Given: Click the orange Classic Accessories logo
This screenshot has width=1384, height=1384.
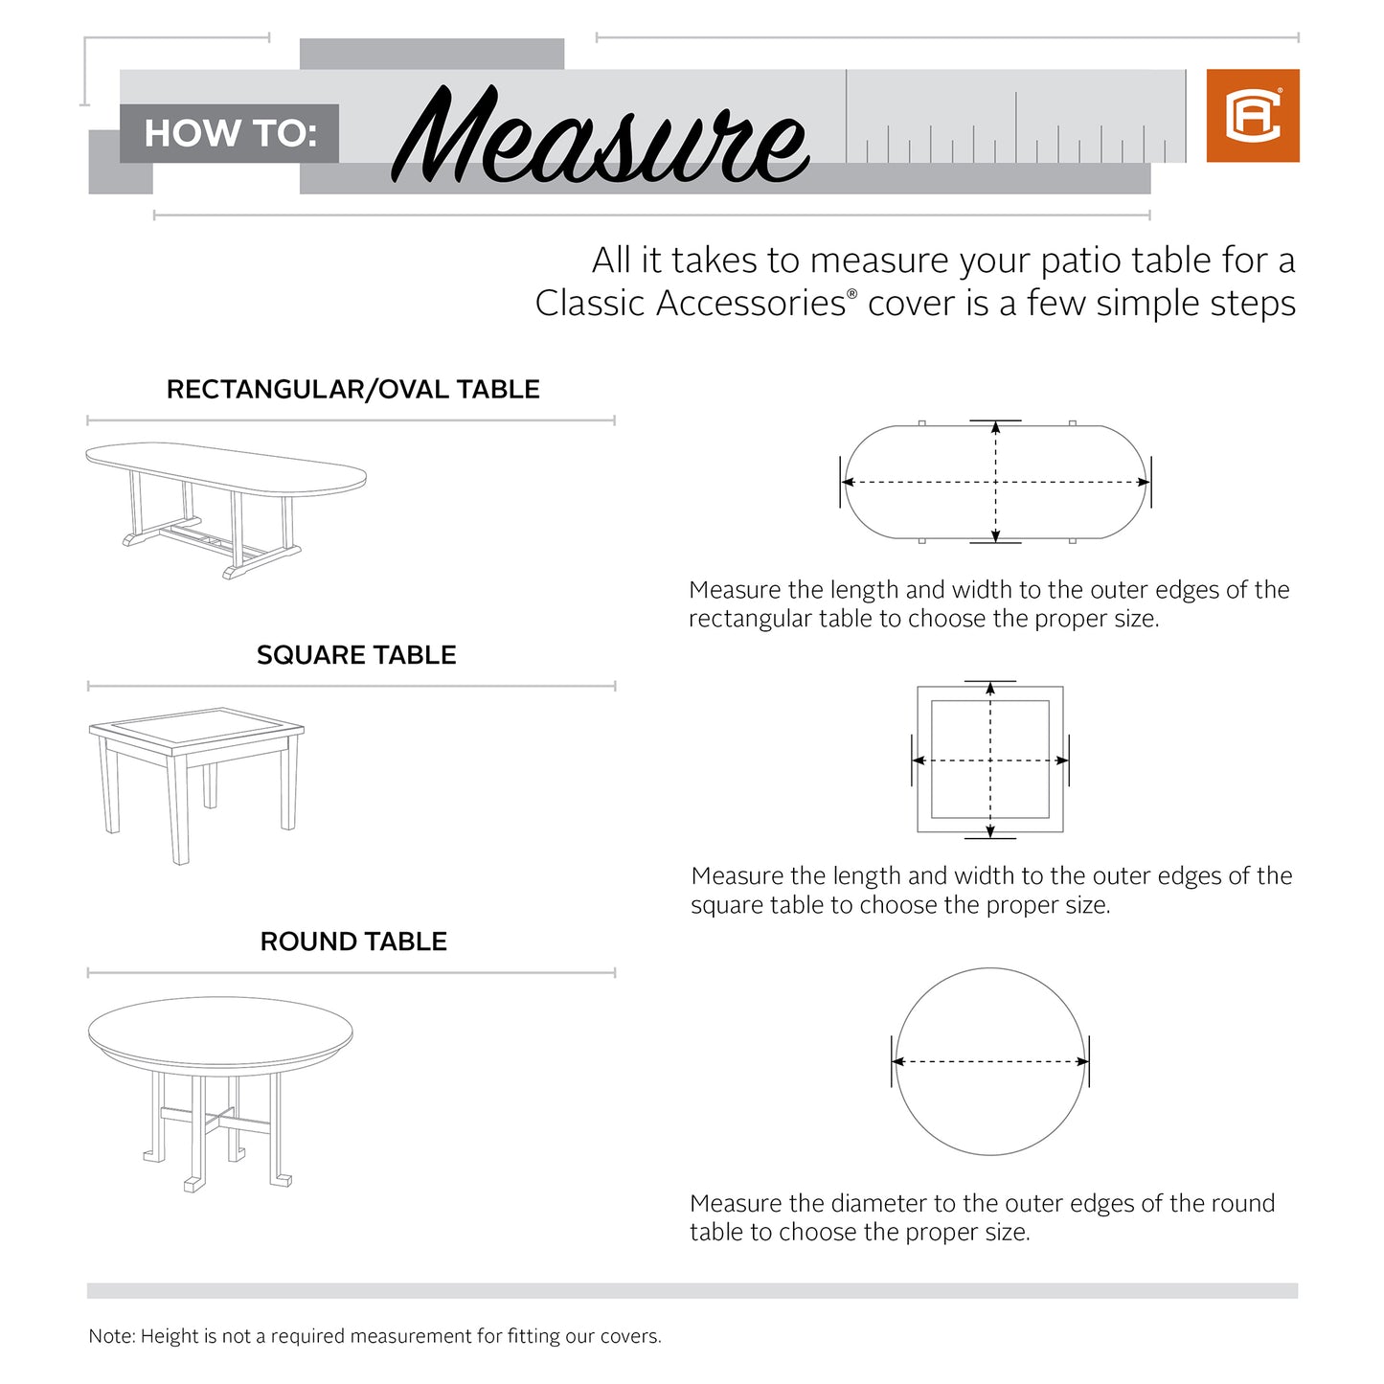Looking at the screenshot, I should [1252, 116].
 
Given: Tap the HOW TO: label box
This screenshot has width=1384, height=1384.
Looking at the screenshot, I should [230, 133].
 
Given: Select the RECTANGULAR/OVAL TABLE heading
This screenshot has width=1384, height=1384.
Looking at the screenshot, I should [352, 390].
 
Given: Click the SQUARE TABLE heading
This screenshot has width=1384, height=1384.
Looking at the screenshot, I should [355, 655].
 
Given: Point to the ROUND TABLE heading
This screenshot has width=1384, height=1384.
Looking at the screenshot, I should [353, 942].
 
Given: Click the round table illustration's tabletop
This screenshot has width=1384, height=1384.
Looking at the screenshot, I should [220, 1032].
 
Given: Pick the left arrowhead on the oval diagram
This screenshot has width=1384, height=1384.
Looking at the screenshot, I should [849, 483].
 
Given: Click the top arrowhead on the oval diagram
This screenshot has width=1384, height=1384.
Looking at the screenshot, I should [996, 427].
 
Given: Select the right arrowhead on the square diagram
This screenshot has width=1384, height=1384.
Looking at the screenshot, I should [1061, 760].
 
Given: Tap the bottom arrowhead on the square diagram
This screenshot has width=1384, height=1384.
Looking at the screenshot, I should [990, 830].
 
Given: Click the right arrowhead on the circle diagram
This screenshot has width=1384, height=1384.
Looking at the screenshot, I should [1082, 1061].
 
